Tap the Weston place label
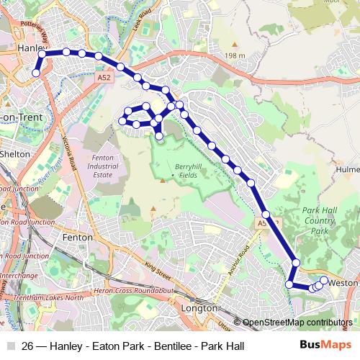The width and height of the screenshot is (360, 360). pyautogui.click(x=343, y=283)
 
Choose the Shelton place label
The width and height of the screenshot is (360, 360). pyautogui.click(x=16, y=153)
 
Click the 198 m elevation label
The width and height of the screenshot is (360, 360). pyautogui.click(x=234, y=55)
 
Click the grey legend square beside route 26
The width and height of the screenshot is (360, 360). pyautogui.click(x=10, y=346)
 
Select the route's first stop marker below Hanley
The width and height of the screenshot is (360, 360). pyautogui.click(x=36, y=72)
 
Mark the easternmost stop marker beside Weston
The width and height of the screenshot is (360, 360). pyautogui.click(x=324, y=280)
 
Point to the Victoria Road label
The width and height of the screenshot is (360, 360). pyautogui.click(x=70, y=150)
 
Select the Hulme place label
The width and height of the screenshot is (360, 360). pyautogui.click(x=348, y=170)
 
